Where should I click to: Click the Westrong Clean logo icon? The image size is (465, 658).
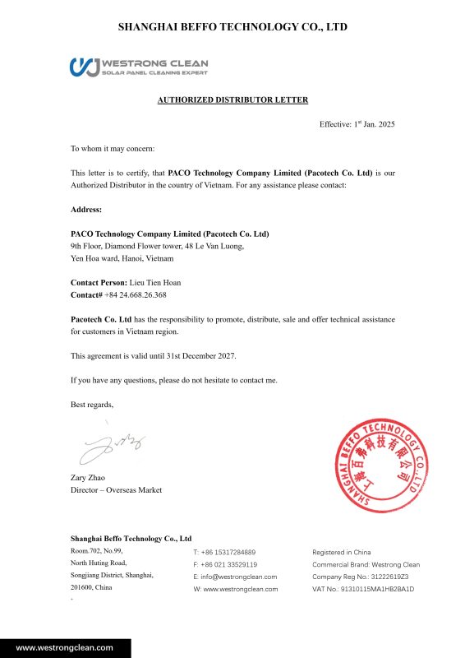pos(85,67)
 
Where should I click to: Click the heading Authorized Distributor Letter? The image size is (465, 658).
pos(232,100)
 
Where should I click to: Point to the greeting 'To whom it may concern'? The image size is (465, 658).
pos(112,149)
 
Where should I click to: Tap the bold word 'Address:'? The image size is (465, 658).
pos(86,210)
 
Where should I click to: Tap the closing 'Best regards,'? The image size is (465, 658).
pos(92,405)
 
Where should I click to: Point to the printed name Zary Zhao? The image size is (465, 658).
pos(88,478)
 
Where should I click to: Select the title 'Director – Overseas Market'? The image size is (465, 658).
pos(116,490)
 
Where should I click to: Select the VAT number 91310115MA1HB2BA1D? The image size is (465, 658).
pos(378,589)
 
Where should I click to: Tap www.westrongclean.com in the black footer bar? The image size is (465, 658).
pos(65,647)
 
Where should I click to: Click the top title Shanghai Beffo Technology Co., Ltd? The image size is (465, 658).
pos(232,27)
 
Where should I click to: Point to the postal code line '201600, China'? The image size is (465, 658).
pos(91,588)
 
